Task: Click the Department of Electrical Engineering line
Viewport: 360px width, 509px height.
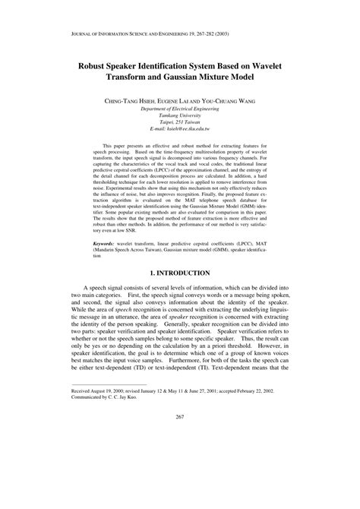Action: (x=180, y=109)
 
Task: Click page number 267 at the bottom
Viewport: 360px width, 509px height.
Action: (x=180, y=480)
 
